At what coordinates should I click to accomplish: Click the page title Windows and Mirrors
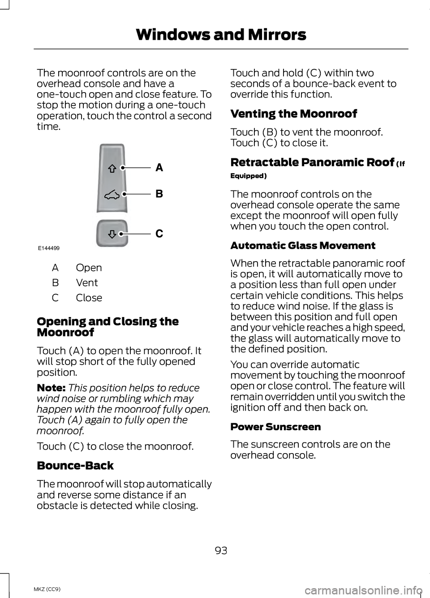pyautogui.click(x=221, y=34)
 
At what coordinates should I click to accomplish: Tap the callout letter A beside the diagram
pyautogui.click(x=159, y=168)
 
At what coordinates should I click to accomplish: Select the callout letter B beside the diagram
pyautogui.click(x=159, y=194)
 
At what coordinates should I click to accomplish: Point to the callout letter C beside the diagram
pyautogui.click(x=159, y=233)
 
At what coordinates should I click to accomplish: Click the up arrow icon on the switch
pyautogui.click(x=112, y=169)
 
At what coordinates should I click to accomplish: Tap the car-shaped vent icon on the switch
pyautogui.click(x=112, y=195)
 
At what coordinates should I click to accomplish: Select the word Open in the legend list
pyautogui.click(x=89, y=268)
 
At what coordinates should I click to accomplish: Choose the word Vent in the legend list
pyautogui.click(x=87, y=283)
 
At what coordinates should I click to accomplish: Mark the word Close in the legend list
pyautogui.click(x=89, y=298)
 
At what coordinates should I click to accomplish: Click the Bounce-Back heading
pyautogui.click(x=75, y=466)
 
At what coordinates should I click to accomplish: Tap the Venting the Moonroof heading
pyautogui.click(x=293, y=114)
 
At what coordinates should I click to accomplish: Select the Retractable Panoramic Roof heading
pyautogui.click(x=312, y=162)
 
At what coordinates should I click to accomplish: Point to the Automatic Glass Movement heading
pyautogui.click(x=303, y=246)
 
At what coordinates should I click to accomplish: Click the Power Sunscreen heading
pyautogui.click(x=275, y=427)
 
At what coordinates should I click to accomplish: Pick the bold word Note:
pyautogui.click(x=51, y=388)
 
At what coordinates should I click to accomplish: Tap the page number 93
pyautogui.click(x=221, y=551)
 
